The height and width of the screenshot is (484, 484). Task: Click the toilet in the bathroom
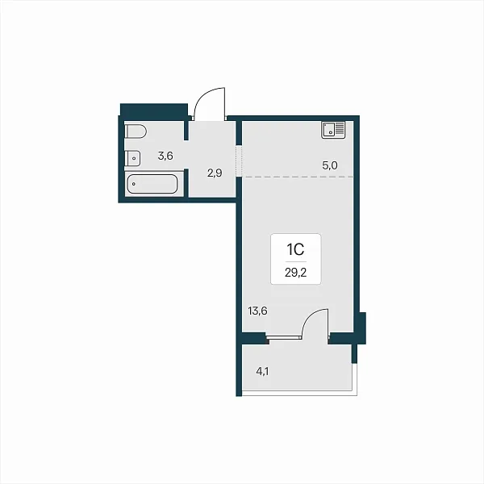[136, 131]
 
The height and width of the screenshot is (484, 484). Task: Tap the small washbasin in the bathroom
[132, 158]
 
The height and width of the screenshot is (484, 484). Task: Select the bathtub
[152, 184]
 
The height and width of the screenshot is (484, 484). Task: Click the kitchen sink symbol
[333, 130]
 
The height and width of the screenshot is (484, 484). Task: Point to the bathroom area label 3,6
[165, 156]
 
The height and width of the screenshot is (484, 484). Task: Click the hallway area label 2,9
[215, 173]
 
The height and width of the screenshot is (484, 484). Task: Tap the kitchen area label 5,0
[330, 165]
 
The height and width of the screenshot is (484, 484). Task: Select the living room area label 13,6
[257, 311]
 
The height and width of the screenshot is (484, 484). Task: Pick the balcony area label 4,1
[262, 371]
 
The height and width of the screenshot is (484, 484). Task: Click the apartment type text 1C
[296, 249]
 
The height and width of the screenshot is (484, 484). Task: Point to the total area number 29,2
[296, 273]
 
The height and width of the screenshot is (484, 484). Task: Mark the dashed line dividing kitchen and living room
[298, 177]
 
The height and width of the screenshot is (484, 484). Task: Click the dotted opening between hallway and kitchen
[239, 161]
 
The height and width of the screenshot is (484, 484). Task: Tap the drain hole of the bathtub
[134, 184]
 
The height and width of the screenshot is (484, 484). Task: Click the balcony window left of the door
[284, 338]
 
